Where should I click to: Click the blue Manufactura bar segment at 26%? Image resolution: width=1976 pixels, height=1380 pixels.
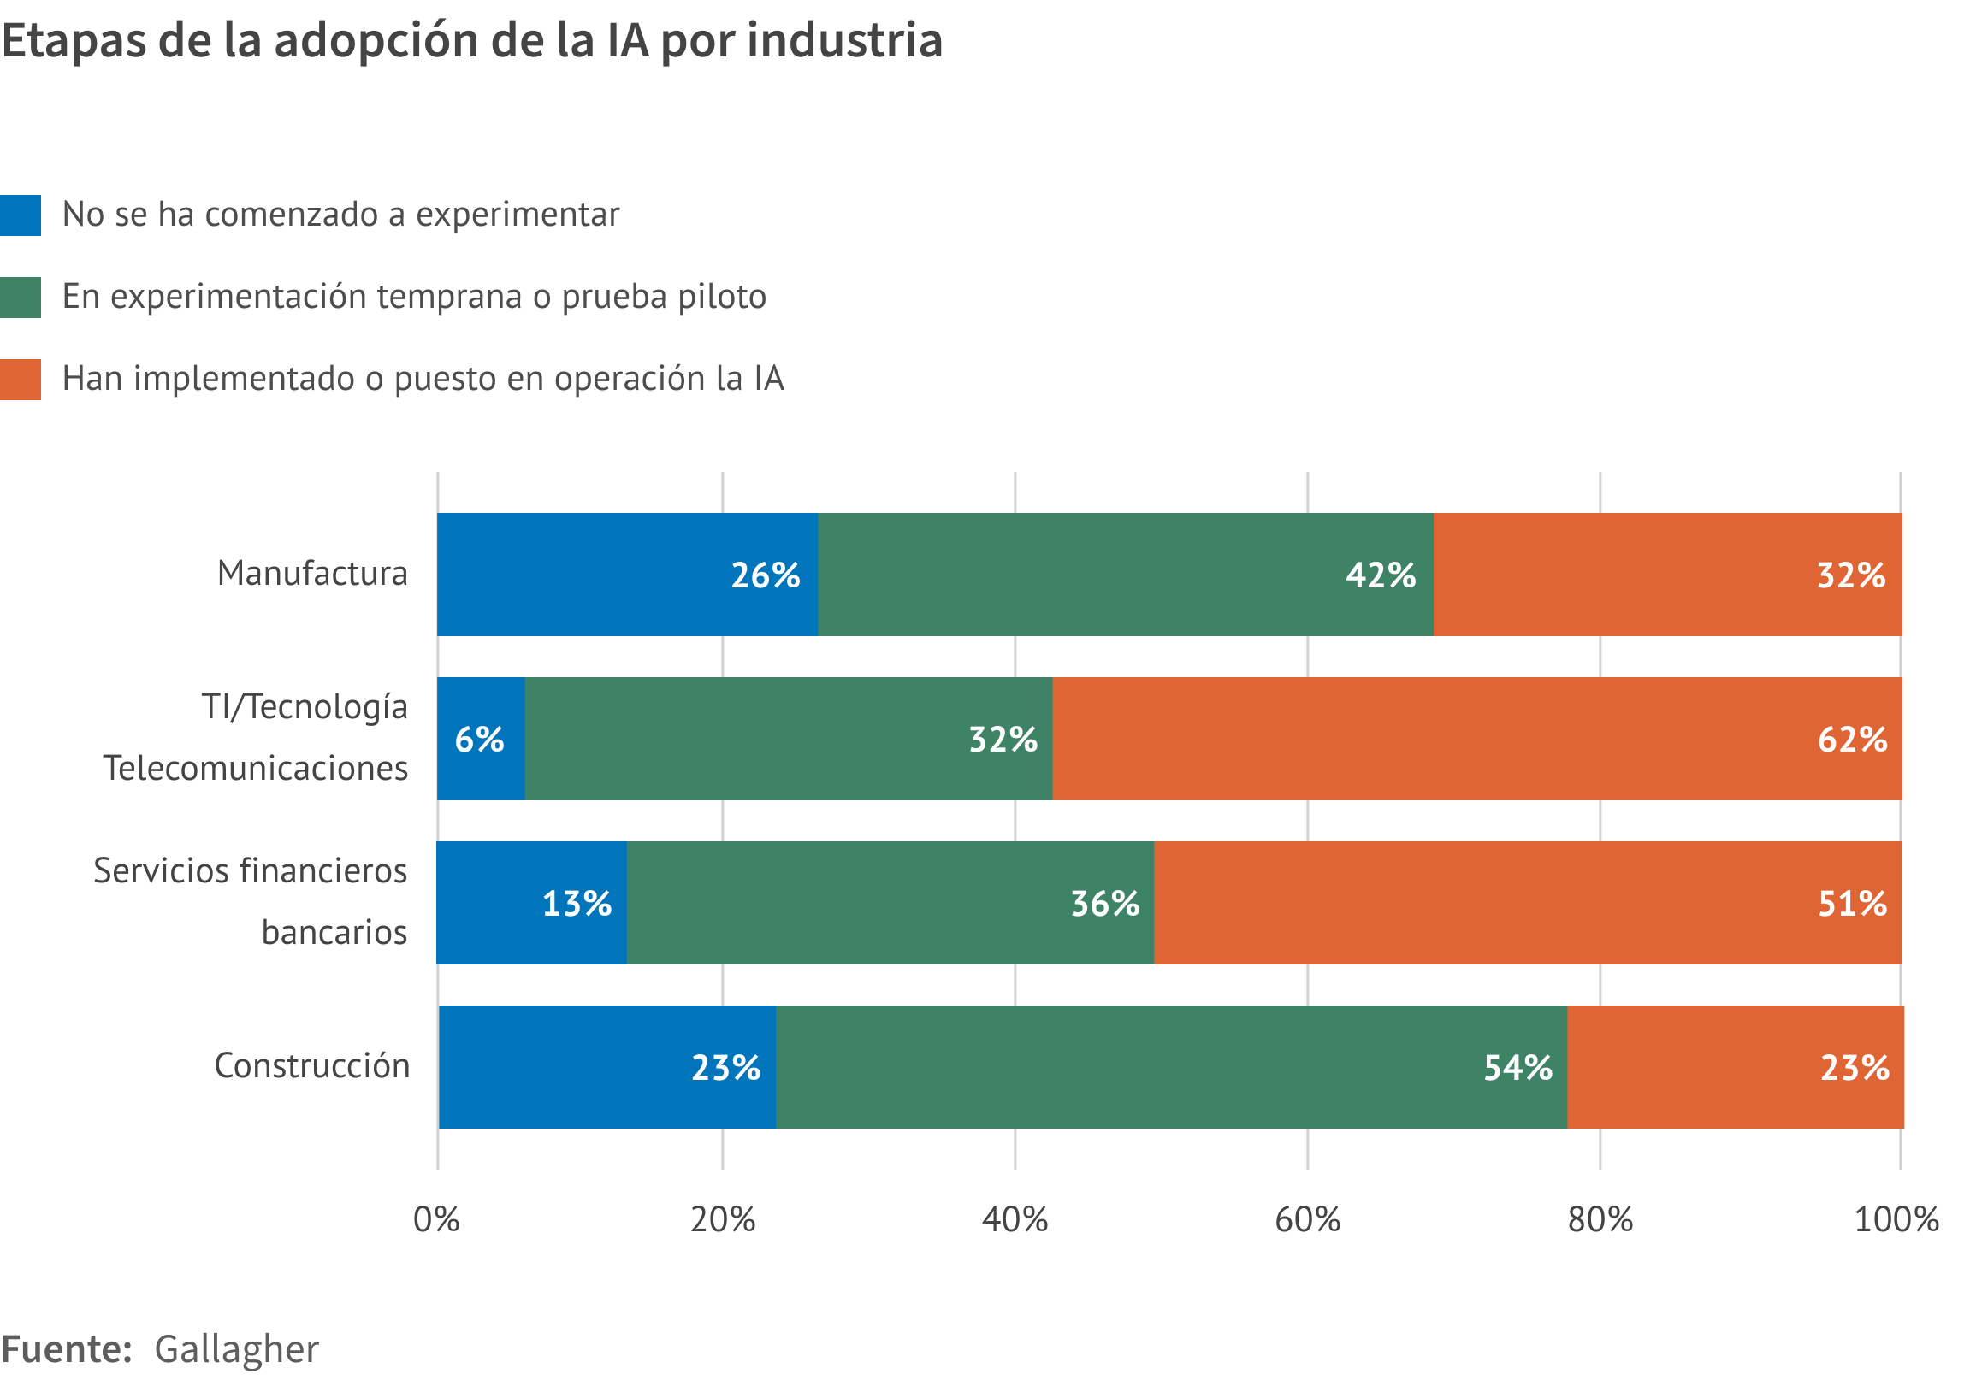tap(626, 575)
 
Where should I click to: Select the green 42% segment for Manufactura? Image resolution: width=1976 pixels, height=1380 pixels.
tap(1125, 575)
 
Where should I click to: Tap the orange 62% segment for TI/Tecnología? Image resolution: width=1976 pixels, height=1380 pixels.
tap(1476, 739)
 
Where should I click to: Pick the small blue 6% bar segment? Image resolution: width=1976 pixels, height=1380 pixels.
tap(480, 739)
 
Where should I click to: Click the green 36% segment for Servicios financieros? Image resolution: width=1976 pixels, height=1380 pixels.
tap(890, 904)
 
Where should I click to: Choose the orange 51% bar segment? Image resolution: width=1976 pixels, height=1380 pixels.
tap(1527, 904)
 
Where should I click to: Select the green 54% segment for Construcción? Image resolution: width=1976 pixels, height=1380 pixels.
tap(1170, 1068)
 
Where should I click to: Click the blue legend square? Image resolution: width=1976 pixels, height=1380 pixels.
tap(20, 215)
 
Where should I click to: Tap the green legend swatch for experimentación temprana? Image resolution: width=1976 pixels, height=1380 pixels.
tap(20, 298)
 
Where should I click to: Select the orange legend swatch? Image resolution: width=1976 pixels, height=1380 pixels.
tap(20, 380)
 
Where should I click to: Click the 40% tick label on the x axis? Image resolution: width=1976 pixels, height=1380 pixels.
tap(1015, 1220)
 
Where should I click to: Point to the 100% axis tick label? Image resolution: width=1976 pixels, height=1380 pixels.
tap(1896, 1220)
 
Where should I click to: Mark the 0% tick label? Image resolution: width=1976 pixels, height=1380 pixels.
tap(436, 1220)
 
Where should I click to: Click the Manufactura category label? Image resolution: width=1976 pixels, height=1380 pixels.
tap(312, 574)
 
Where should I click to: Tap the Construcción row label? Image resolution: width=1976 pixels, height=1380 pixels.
tap(311, 1066)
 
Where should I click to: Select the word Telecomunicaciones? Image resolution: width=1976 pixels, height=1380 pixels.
tap(256, 769)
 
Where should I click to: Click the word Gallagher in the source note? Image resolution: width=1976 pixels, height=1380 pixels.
tap(237, 1349)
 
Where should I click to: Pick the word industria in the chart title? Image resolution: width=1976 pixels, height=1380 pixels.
tap(844, 40)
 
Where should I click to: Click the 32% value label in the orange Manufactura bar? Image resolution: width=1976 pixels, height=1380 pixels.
tap(1850, 575)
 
